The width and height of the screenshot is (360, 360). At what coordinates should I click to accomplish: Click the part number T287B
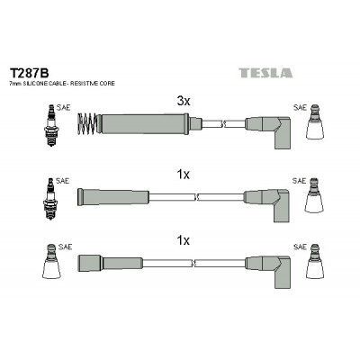[29, 73]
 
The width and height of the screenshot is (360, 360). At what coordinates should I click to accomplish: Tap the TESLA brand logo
[265, 73]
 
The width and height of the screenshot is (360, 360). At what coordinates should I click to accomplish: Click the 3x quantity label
[184, 101]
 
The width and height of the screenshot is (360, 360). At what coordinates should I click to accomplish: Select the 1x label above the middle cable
[183, 174]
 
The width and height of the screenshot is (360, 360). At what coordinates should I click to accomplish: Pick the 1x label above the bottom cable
[183, 240]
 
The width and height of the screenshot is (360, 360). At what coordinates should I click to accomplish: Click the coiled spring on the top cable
[87, 124]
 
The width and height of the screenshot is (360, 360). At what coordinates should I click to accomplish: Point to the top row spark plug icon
[51, 125]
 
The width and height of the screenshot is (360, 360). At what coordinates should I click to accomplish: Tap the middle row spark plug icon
[50, 199]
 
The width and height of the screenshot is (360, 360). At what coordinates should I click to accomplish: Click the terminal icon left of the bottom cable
[51, 261]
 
